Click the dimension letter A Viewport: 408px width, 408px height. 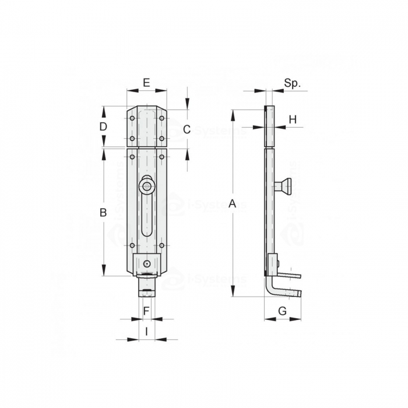click(232, 203)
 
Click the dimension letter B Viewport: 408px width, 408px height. click(103, 213)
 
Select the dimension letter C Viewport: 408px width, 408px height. click(187, 129)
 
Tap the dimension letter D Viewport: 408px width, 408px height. click(103, 126)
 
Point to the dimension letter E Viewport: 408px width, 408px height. click(146, 83)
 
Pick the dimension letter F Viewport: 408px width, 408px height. click(146, 311)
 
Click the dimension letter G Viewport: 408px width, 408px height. click(282, 311)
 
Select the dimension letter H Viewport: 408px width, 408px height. click(293, 119)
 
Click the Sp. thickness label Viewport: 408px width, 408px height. click(293, 83)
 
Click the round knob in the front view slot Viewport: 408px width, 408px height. click(146, 186)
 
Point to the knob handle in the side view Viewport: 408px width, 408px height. click(283, 186)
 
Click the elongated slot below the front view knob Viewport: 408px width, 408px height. click(146, 219)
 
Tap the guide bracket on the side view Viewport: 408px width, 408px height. click(273, 265)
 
